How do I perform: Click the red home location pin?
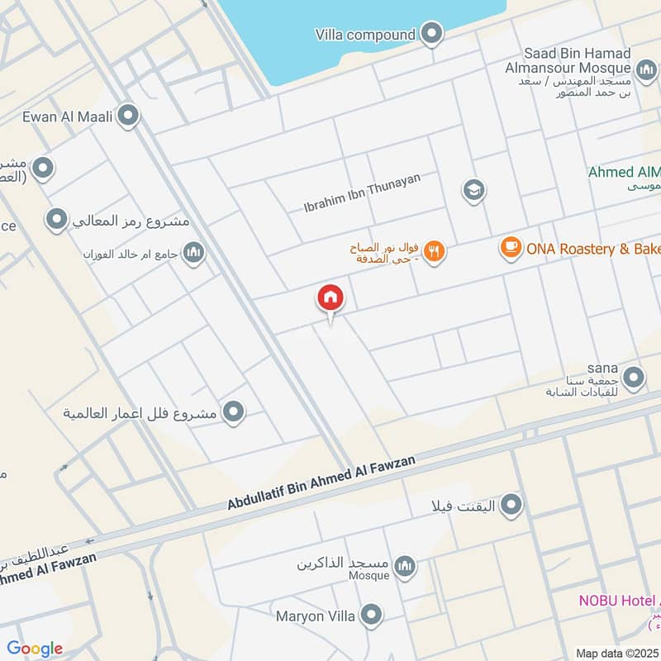tap(330, 298)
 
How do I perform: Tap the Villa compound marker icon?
tap(431, 35)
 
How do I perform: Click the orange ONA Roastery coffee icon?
tap(511, 247)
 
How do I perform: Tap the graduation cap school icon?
tap(473, 192)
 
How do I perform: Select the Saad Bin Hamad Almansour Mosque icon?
tap(646, 68)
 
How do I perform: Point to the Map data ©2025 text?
tap(616, 653)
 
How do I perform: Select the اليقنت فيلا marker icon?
tap(511, 503)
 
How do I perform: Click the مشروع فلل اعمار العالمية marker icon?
tap(234, 411)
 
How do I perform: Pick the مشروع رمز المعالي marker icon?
tap(56, 221)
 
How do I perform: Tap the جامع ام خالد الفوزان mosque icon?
tap(194, 252)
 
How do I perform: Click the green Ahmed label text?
tap(624, 173)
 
